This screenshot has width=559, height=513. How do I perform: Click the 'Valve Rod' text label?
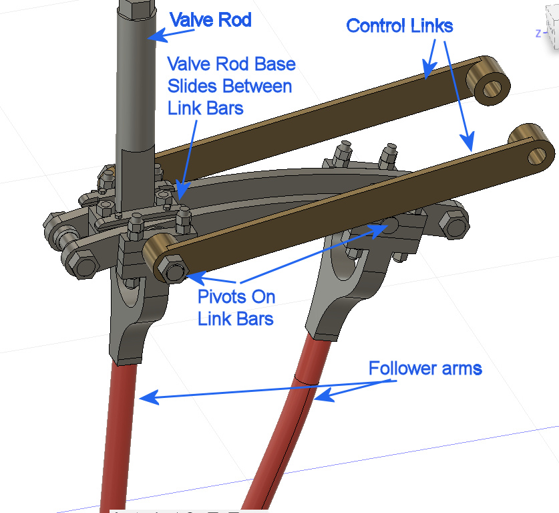(x=210, y=20)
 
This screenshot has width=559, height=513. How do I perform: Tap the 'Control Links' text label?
(x=399, y=26)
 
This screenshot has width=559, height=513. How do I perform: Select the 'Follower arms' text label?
(x=425, y=368)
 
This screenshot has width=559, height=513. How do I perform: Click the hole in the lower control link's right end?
(x=537, y=156)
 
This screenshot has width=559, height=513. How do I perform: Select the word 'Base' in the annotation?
(x=270, y=65)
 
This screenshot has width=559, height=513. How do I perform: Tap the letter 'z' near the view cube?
(x=538, y=33)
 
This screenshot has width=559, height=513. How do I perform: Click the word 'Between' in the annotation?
(x=257, y=86)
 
